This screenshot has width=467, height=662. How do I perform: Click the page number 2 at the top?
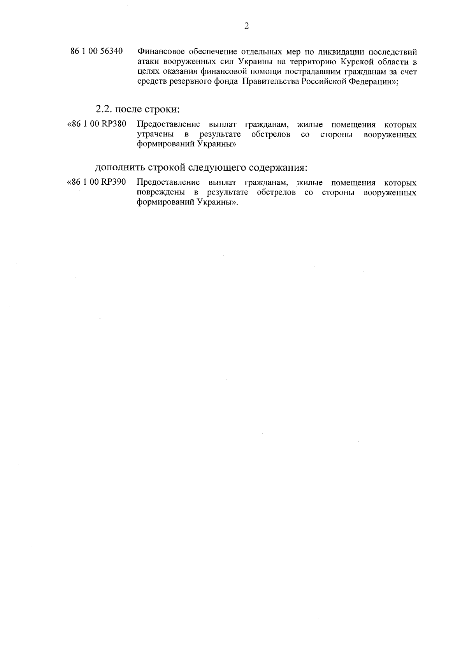pyautogui.click(x=246, y=26)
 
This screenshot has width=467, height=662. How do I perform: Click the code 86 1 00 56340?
pyautogui.click(x=97, y=51)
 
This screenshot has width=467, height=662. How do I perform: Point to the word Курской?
pyautogui.click(x=356, y=62)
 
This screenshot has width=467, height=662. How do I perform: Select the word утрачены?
pyautogui.click(x=155, y=135)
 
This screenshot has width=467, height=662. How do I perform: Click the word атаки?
pyautogui.click(x=147, y=62)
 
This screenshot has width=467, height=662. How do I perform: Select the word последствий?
pyautogui.click(x=393, y=52)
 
